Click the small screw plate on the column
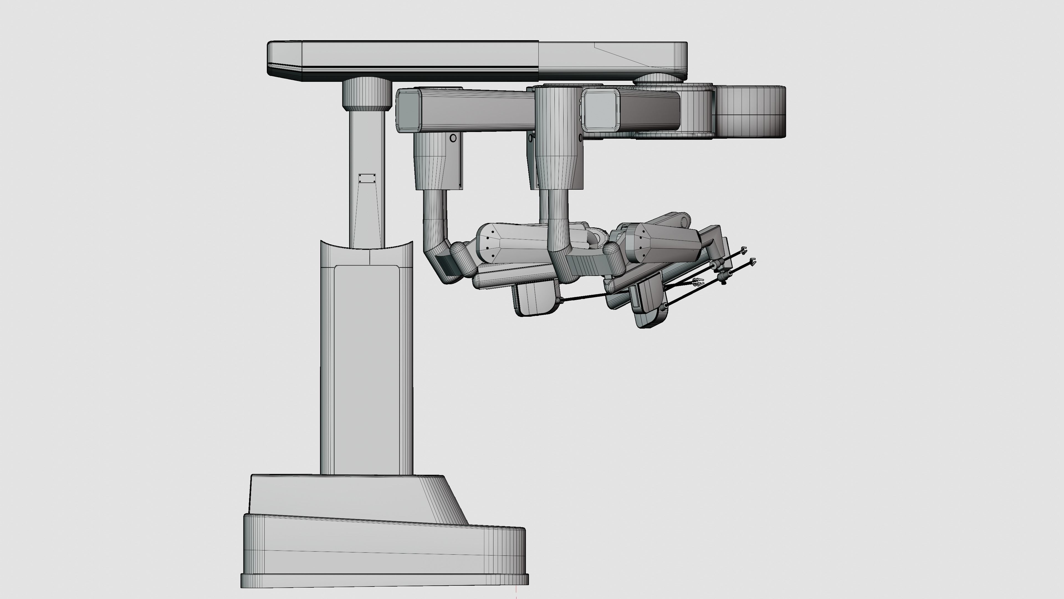point(367,178)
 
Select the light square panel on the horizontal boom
point(601,108)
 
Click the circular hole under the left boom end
point(453,138)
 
